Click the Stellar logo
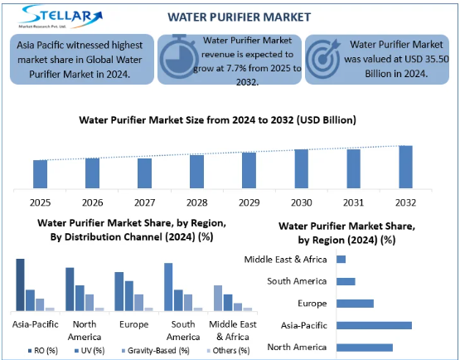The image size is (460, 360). [61, 17]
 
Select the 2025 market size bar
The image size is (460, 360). [40, 174]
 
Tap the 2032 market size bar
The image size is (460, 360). [406, 167]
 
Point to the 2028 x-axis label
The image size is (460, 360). [197, 202]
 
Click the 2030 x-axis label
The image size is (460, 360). [302, 202]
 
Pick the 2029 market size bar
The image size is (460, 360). [249, 170]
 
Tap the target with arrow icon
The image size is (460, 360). [323, 59]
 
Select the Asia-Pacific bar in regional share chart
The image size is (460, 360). [374, 325]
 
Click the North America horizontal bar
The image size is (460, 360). [365, 348]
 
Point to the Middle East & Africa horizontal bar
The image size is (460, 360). [341, 260]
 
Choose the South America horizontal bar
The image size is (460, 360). [346, 281]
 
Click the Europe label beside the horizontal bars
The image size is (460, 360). [312, 304]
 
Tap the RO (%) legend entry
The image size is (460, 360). [43, 351]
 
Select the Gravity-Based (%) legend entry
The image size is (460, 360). [156, 351]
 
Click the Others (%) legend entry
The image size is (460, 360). [228, 351]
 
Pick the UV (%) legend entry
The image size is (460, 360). [90, 351]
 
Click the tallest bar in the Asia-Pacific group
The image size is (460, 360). [20, 285]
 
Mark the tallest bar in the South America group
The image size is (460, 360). [168, 287]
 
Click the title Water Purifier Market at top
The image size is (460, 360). [239, 17]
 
